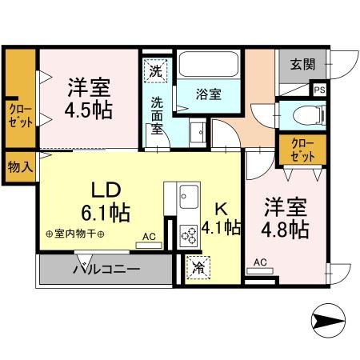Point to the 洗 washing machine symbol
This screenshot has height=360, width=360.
[155, 70]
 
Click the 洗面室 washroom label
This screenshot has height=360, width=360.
[158, 115]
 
